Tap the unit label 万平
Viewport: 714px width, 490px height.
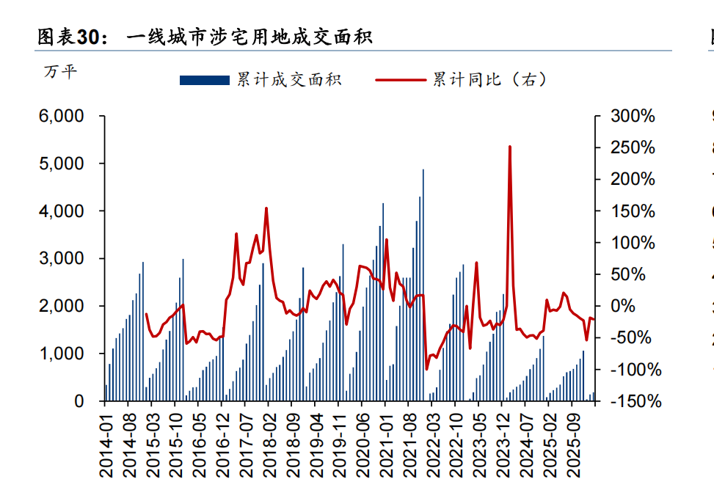pos(59,73)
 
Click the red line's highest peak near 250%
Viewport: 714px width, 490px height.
pos(509,147)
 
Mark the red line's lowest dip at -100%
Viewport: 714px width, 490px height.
pos(427,369)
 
